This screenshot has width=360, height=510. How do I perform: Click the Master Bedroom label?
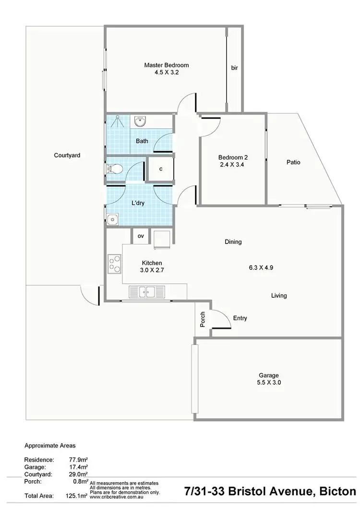point(167,65)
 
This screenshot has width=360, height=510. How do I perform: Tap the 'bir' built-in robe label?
point(234,68)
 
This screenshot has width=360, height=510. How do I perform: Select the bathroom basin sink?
point(141,122)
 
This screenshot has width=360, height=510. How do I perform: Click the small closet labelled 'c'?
point(160,169)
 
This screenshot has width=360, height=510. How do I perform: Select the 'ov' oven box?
point(141,236)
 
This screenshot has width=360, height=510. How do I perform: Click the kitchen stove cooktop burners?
point(115,263)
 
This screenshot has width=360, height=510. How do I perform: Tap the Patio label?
point(293,162)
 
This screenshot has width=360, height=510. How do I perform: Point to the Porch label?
point(203,320)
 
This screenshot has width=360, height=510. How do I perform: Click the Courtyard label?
point(67,155)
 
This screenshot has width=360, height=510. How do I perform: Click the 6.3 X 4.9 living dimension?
point(261,268)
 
